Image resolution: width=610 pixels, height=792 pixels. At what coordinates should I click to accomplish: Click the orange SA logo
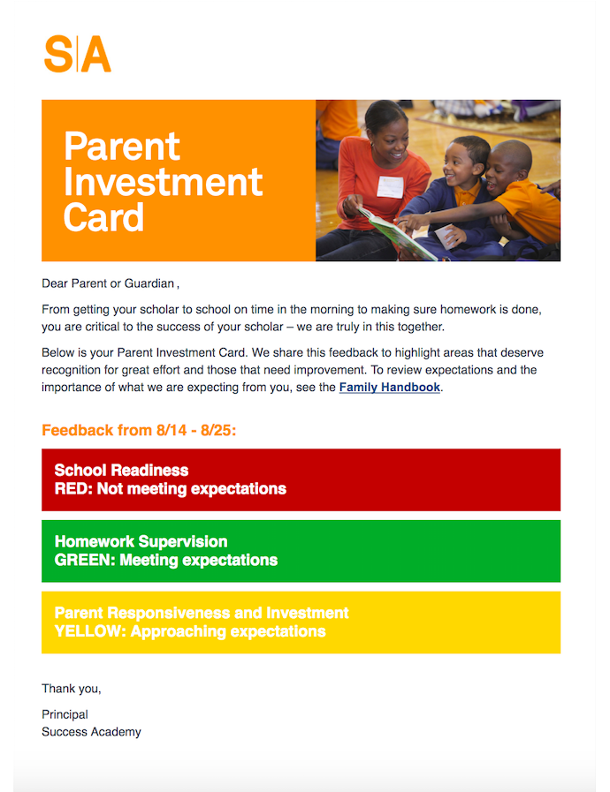(78, 54)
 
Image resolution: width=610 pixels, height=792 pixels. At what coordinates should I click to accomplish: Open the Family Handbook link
(390, 388)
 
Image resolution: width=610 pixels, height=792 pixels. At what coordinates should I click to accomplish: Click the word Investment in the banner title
(163, 182)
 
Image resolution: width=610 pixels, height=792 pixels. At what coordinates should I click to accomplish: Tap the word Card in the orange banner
(103, 217)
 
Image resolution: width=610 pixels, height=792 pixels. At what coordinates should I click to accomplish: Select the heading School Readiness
(121, 471)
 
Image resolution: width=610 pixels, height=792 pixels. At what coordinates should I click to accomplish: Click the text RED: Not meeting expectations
(171, 489)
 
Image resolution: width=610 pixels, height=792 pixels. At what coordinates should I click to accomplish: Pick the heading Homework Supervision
(141, 541)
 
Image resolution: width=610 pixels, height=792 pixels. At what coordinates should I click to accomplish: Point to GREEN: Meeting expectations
(166, 560)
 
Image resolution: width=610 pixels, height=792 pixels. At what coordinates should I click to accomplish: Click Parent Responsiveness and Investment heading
(202, 613)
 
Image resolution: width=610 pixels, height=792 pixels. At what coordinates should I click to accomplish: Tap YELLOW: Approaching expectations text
(190, 631)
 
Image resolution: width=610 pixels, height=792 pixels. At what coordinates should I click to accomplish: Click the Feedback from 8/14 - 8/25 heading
(139, 430)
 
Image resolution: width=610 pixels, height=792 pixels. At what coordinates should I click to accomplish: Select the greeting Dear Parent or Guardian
(111, 283)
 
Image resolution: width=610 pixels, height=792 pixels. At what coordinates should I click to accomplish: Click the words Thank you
(72, 689)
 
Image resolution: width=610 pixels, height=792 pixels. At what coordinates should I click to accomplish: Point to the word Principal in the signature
(65, 714)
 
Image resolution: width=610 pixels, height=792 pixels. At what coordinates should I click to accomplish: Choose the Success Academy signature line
(91, 732)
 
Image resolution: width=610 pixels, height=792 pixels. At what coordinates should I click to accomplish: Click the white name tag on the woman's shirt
(390, 187)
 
